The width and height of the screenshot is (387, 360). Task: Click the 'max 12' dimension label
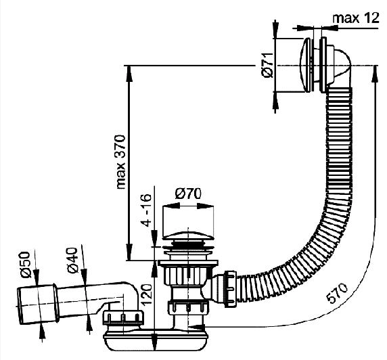[356, 18]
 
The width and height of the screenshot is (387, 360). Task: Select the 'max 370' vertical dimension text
[120, 162]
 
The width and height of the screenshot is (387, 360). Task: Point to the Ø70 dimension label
[188, 194]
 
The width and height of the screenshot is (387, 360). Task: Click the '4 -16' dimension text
[147, 210]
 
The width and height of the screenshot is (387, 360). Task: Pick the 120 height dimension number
[146, 294]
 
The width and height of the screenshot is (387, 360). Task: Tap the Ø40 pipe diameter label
[73, 261]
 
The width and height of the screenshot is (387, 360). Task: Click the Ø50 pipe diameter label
[25, 265]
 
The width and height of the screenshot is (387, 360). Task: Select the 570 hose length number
[337, 293]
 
